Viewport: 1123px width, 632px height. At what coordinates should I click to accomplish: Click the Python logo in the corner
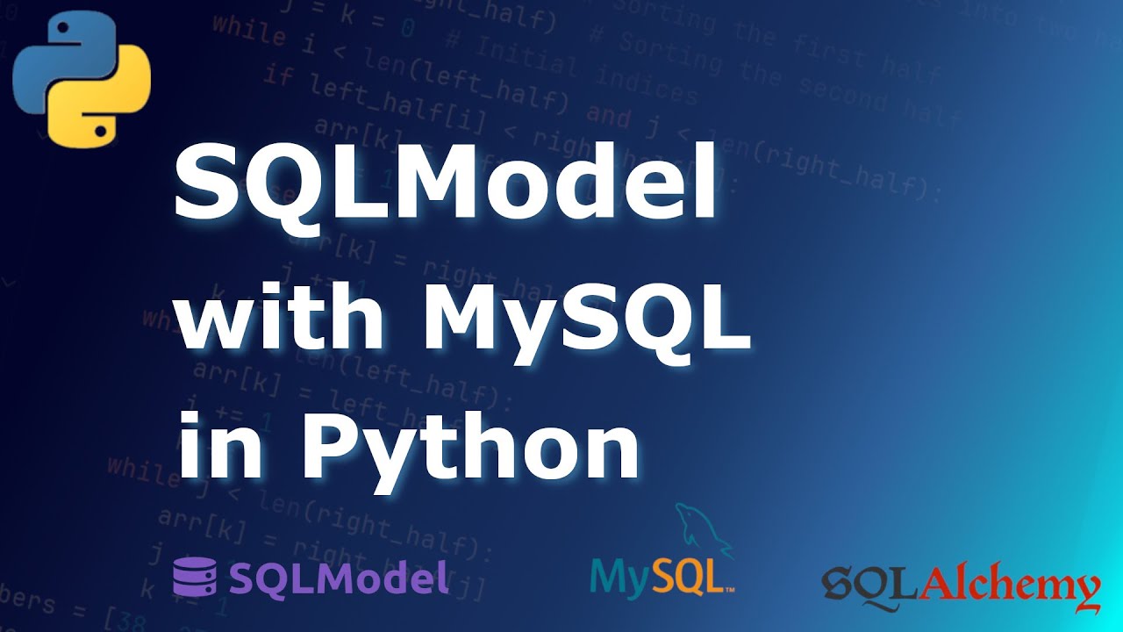tap(82, 78)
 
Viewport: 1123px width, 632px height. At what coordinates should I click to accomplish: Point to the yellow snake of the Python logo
tap(104, 104)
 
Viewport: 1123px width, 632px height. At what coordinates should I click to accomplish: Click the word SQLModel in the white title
tap(446, 185)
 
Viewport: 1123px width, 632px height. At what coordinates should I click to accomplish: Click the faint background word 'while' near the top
tap(249, 32)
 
